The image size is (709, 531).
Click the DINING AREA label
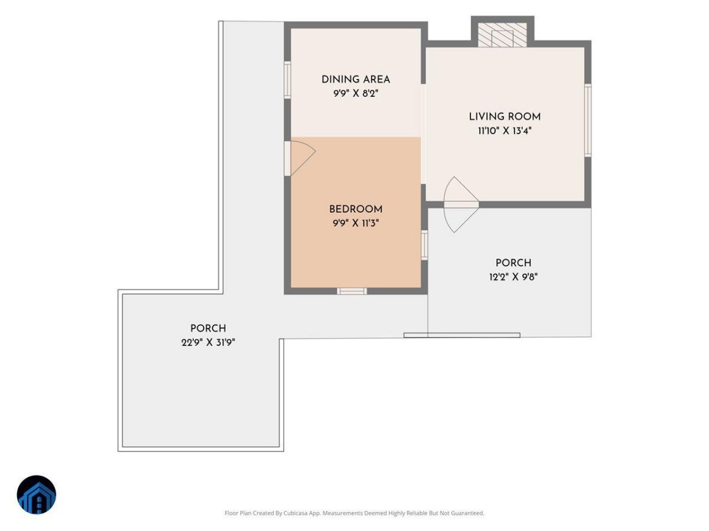(356, 79)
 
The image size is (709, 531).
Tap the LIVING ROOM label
(505, 116)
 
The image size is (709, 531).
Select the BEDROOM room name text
(356, 209)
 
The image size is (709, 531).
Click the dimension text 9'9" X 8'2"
(356, 93)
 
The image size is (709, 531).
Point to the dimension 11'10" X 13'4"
(505, 131)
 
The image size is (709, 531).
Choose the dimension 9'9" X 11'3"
(356, 223)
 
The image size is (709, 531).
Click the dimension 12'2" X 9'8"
(513, 277)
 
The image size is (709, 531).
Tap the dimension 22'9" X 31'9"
(208, 342)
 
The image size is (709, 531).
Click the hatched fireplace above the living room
(502, 35)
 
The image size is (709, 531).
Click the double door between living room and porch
(461, 205)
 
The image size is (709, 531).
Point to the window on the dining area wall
(287, 80)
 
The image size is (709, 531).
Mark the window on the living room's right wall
(588, 121)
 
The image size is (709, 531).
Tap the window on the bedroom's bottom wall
(352, 291)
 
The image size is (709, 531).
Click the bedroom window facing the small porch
(424, 245)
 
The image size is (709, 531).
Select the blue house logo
(37, 494)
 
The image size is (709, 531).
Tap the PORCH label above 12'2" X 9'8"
(513, 263)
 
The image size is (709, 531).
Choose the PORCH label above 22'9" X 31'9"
(208, 328)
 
